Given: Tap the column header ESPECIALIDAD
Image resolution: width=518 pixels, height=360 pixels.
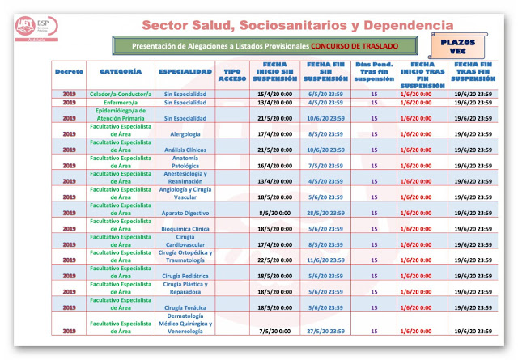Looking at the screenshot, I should pyautogui.click(x=185, y=73).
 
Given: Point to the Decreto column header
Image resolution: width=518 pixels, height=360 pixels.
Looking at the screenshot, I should pyautogui.click(x=69, y=73).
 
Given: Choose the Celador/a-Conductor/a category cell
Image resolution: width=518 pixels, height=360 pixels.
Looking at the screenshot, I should pyautogui.click(x=120, y=95).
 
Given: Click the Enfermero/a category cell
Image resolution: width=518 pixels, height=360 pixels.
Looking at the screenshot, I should pyautogui.click(x=120, y=103).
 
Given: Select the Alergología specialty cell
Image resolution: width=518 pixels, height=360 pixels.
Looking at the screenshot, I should pyautogui.click(x=185, y=133).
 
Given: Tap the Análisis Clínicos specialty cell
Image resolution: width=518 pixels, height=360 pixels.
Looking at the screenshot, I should pyautogui.click(x=185, y=150).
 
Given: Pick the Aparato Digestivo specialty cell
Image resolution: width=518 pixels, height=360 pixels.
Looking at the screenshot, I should pyautogui.click(x=185, y=213).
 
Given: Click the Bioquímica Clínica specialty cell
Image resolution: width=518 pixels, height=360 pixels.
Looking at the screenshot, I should pyautogui.click(x=185, y=228).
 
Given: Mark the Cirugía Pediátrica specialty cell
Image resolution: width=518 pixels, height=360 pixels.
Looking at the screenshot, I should pyautogui.click(x=185, y=276).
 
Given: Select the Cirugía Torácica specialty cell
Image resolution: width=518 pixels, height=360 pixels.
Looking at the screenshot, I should pyautogui.click(x=185, y=307).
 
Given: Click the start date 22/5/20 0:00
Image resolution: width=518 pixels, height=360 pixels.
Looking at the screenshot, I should pyautogui.click(x=274, y=260).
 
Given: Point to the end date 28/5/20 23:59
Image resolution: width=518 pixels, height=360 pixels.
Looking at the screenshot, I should pyautogui.click(x=325, y=213).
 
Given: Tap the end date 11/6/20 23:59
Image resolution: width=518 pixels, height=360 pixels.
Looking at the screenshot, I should pyautogui.click(x=325, y=260).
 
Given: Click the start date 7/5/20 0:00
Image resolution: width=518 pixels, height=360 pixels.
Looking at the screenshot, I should pyautogui.click(x=274, y=331).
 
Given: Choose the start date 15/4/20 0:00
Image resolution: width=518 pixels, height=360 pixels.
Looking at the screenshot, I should pyautogui.click(x=274, y=95).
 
